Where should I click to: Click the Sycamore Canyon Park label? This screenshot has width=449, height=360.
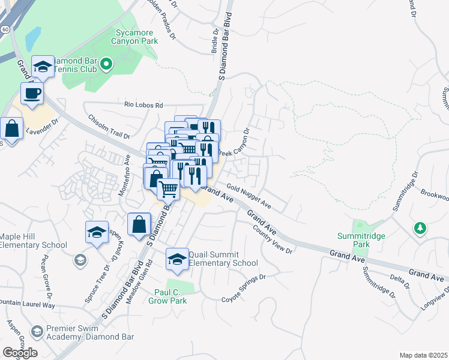point(134,37)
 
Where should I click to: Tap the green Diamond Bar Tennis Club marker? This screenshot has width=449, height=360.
point(106,64)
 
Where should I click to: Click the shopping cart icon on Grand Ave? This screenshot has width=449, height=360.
point(168,189)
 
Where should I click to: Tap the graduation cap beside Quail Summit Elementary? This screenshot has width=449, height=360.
point(176,259)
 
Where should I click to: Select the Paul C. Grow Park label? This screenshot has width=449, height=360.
point(167,296)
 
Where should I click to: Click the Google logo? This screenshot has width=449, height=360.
point(20,353)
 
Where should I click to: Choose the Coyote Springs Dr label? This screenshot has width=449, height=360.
point(243,289)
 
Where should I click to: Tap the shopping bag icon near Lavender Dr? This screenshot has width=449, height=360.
point(11,128)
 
